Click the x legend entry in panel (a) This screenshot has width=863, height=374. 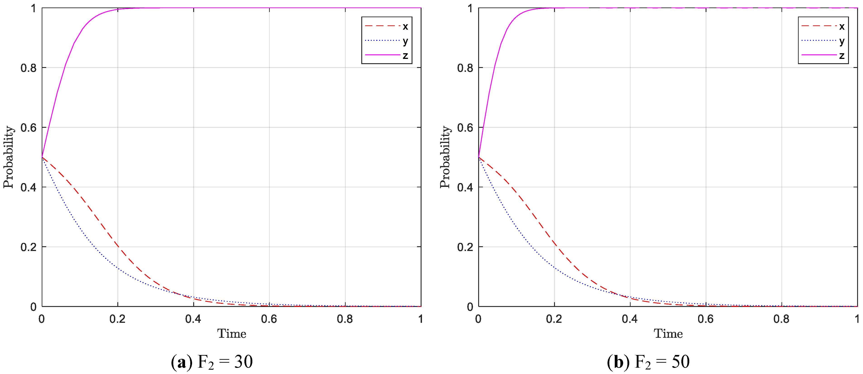tap(387, 26)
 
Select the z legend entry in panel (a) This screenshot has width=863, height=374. tap(387, 55)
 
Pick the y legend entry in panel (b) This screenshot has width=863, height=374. tap(823, 41)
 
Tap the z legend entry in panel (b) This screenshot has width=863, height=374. tap(823, 55)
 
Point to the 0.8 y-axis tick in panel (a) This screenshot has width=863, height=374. tap(29, 68)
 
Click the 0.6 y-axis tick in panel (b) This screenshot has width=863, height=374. tap(465, 128)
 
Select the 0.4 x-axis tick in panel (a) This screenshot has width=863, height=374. tap(193, 319)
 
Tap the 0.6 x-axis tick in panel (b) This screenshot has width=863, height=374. tap(706, 319)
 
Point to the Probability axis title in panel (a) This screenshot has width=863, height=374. tap(8, 157)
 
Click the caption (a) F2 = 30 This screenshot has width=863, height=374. tap(212, 362)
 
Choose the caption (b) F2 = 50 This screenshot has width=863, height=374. tap(648, 362)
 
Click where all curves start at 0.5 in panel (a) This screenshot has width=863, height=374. tap(42, 157)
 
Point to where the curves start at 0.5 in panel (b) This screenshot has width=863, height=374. tap(478, 157)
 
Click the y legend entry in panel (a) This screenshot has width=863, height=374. tap(387, 41)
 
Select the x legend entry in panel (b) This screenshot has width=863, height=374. tap(823, 26)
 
